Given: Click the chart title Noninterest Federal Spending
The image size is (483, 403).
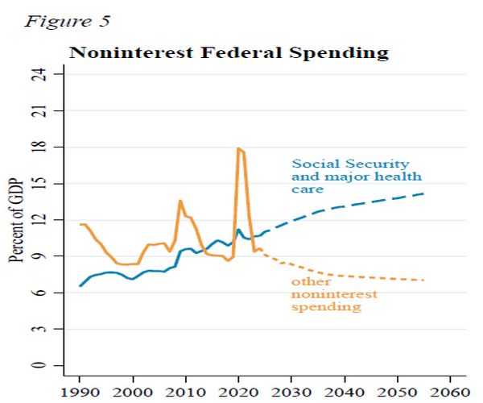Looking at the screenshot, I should [229, 53].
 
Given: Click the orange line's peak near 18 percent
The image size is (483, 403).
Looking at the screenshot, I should [239, 148].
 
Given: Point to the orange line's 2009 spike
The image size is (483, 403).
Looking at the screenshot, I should [180, 201].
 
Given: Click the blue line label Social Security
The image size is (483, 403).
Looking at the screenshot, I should [350, 164].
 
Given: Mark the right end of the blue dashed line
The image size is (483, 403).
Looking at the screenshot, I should [423, 193].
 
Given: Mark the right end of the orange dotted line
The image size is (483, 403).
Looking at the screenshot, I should [423, 280].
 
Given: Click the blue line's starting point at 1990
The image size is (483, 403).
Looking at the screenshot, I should [80, 285].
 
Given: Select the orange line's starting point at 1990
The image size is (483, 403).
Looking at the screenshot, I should [80, 224].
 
